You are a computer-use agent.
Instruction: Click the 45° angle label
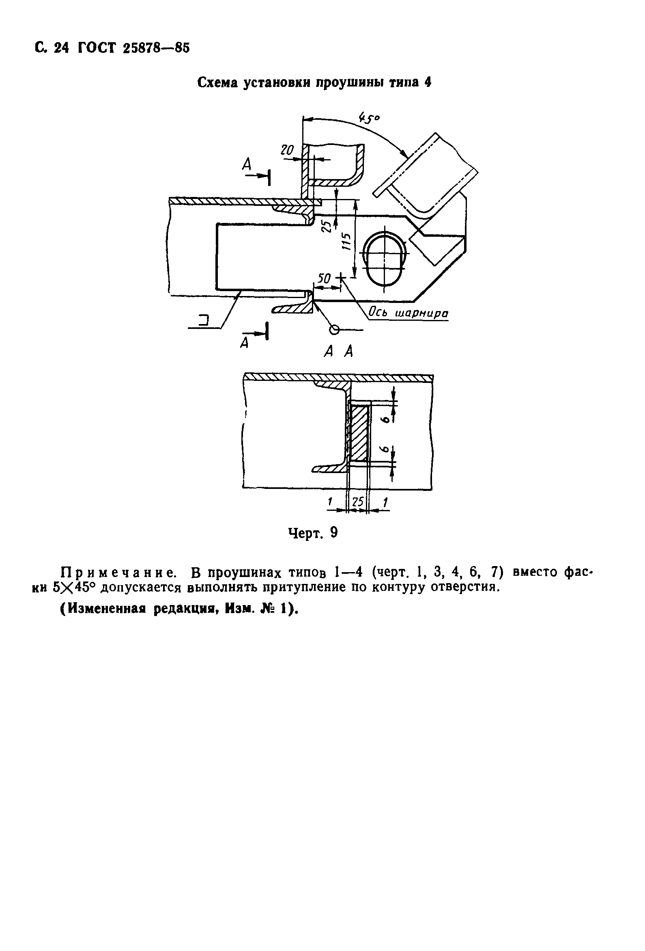point(369,118)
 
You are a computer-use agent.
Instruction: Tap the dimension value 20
point(287,151)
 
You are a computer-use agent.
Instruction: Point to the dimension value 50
point(324,279)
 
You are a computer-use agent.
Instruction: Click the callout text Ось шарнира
point(408,313)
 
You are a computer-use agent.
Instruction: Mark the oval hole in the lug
point(384,259)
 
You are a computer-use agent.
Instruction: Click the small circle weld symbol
point(335,329)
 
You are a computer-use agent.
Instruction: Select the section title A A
point(338,351)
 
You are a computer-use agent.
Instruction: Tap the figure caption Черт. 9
point(313,532)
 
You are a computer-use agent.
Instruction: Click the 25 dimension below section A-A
point(358,502)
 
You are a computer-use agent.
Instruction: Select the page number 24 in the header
point(62,48)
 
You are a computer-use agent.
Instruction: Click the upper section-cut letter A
point(246,164)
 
